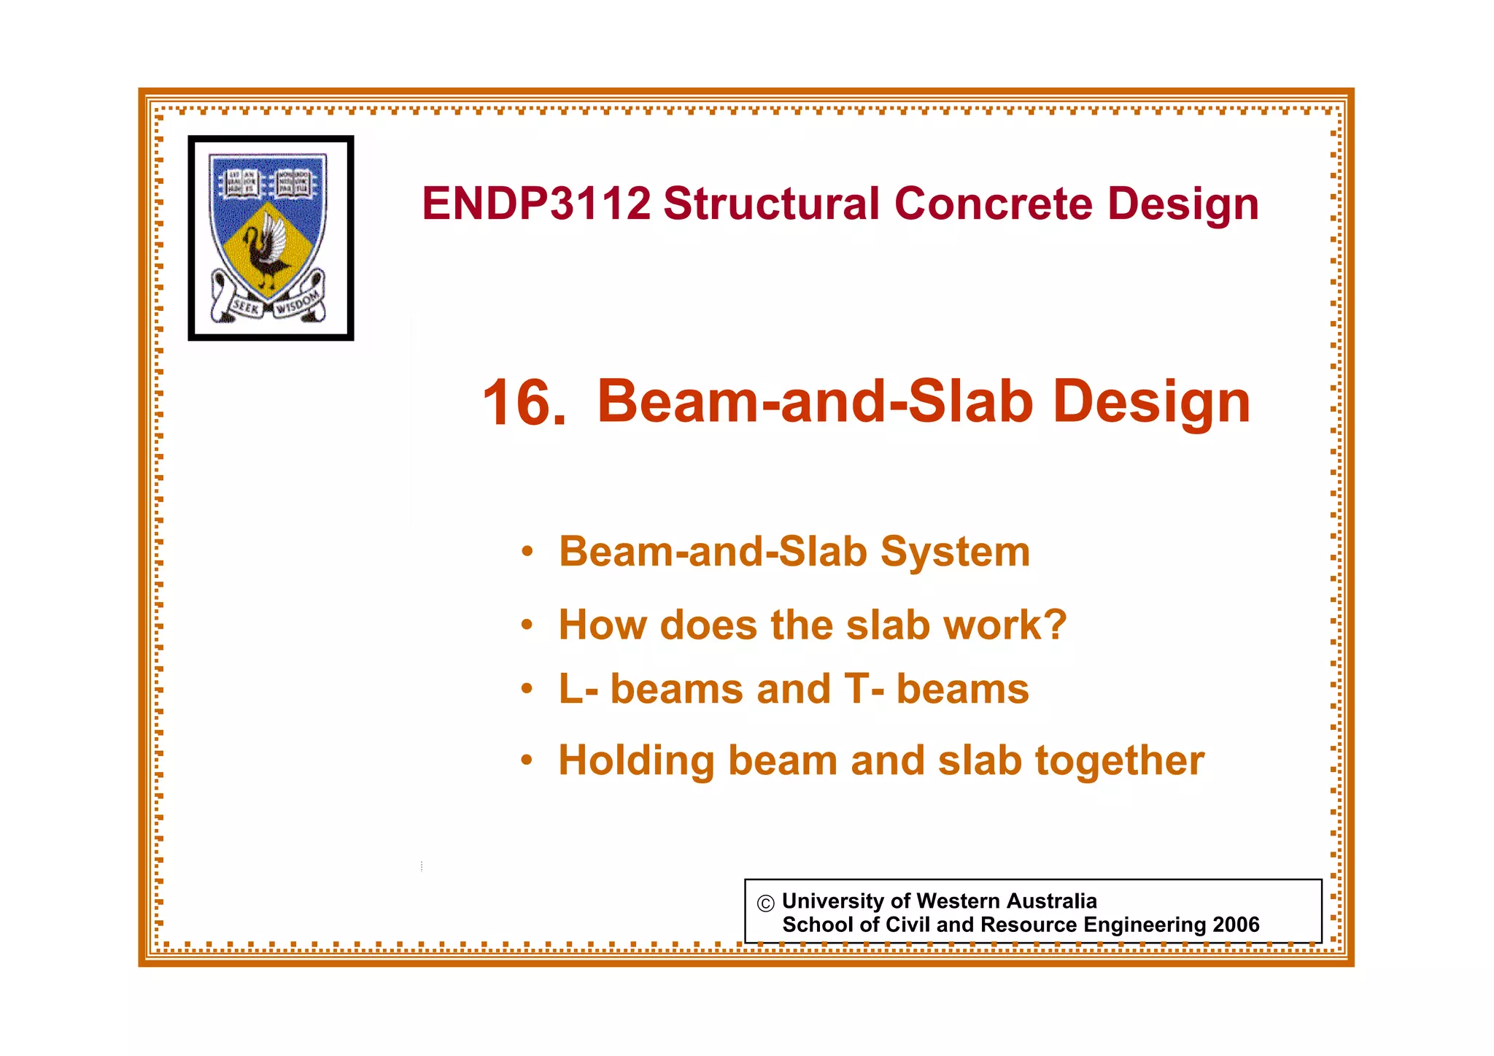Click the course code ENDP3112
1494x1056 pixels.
(536, 204)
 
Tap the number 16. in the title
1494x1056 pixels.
(524, 403)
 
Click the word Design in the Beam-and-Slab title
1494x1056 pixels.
(1151, 401)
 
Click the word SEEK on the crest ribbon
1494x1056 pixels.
(246, 307)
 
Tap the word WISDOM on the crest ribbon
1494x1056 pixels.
(298, 303)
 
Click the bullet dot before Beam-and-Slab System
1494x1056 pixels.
(527, 552)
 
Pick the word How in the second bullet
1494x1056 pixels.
(603, 625)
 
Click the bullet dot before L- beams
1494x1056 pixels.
(527, 690)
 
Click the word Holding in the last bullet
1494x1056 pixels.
(636, 762)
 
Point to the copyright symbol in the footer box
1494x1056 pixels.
(765, 903)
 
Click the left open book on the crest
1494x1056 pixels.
(241, 183)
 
